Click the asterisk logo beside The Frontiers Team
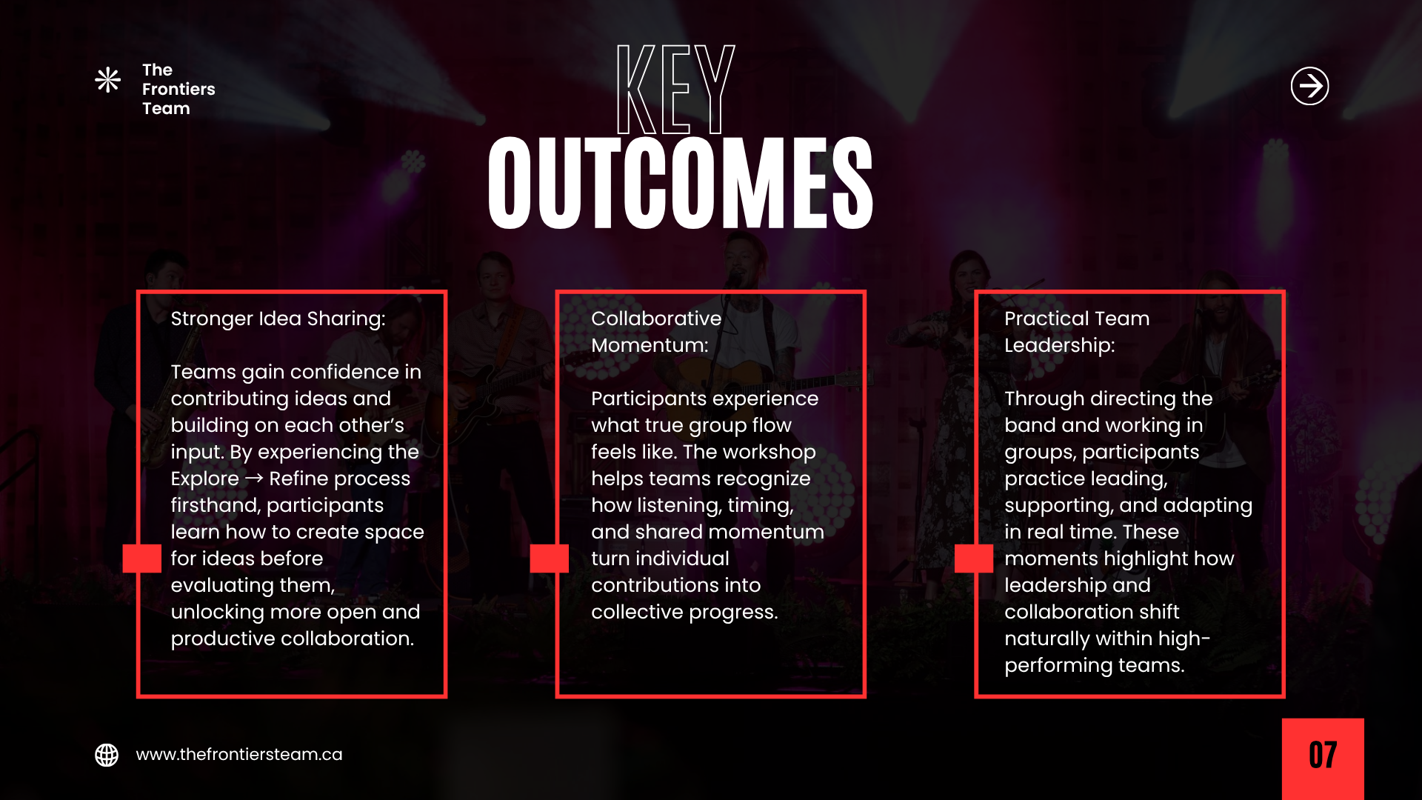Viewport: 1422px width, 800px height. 107,80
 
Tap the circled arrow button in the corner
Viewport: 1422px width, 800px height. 1309,86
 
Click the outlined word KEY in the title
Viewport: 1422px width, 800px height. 675,89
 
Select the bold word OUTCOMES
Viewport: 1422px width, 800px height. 681,182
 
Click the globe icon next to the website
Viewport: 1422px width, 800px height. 107,755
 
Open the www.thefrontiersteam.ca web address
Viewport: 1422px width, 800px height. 239,754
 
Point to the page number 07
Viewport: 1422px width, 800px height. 1323,756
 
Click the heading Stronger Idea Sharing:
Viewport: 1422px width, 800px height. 278,319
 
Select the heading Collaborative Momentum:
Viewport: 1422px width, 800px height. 656,332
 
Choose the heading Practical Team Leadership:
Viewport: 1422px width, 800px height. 1077,332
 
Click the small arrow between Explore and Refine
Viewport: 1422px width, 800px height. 254,478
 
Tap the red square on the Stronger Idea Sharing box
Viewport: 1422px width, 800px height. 141,559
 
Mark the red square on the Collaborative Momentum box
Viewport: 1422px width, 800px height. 550,559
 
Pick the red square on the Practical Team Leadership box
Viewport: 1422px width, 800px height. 974,559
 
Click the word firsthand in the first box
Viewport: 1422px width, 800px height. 214,505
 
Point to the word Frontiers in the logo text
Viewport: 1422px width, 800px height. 178,89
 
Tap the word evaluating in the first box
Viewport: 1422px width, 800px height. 253,585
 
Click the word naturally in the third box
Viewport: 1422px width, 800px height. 1047,639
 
